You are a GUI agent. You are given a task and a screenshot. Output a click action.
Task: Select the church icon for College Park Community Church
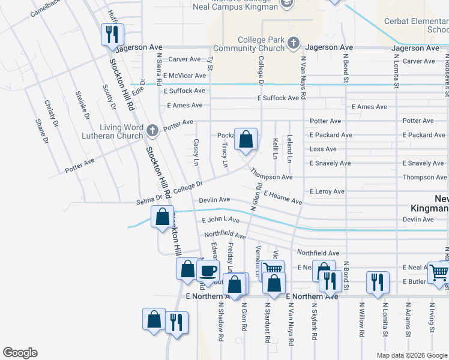click(293, 43)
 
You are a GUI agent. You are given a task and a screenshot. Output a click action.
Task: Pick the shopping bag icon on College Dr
click(246, 140)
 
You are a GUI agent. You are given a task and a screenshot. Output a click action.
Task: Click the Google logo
click(20, 353)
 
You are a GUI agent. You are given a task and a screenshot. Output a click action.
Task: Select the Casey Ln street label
click(196, 152)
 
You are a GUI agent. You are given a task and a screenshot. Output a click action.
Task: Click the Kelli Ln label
click(275, 148)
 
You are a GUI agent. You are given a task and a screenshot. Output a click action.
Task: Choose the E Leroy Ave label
click(327, 191)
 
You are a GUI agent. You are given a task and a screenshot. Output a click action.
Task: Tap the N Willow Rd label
click(362, 329)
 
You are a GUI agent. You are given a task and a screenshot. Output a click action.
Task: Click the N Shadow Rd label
click(221, 328)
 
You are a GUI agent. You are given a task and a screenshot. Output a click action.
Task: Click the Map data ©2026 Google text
click(411, 355)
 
